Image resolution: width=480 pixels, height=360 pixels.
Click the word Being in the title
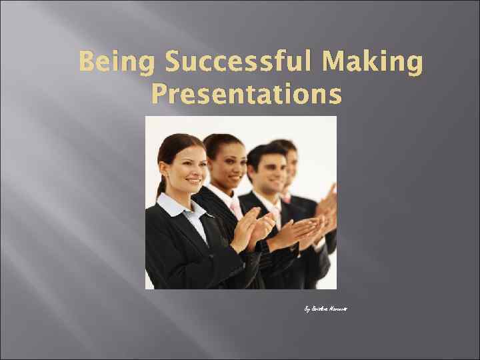point(116,65)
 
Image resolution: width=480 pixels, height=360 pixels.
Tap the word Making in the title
point(375,65)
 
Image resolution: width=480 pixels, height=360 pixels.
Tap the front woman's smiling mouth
point(194,180)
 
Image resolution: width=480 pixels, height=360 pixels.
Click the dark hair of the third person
point(263,152)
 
